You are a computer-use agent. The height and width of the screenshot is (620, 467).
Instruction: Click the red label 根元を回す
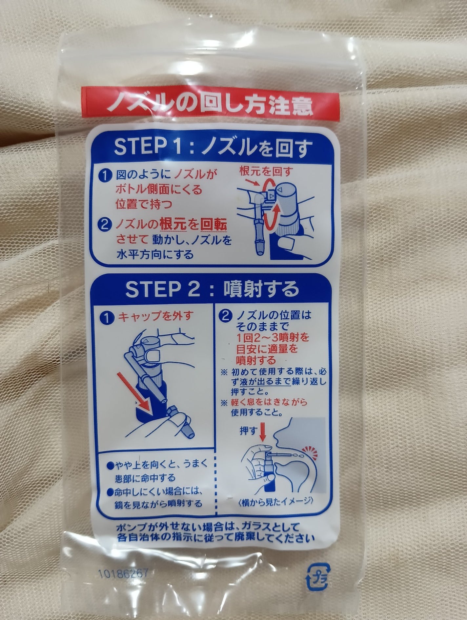(266, 170)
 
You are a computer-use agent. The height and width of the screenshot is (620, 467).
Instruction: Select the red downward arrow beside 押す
(262, 432)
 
